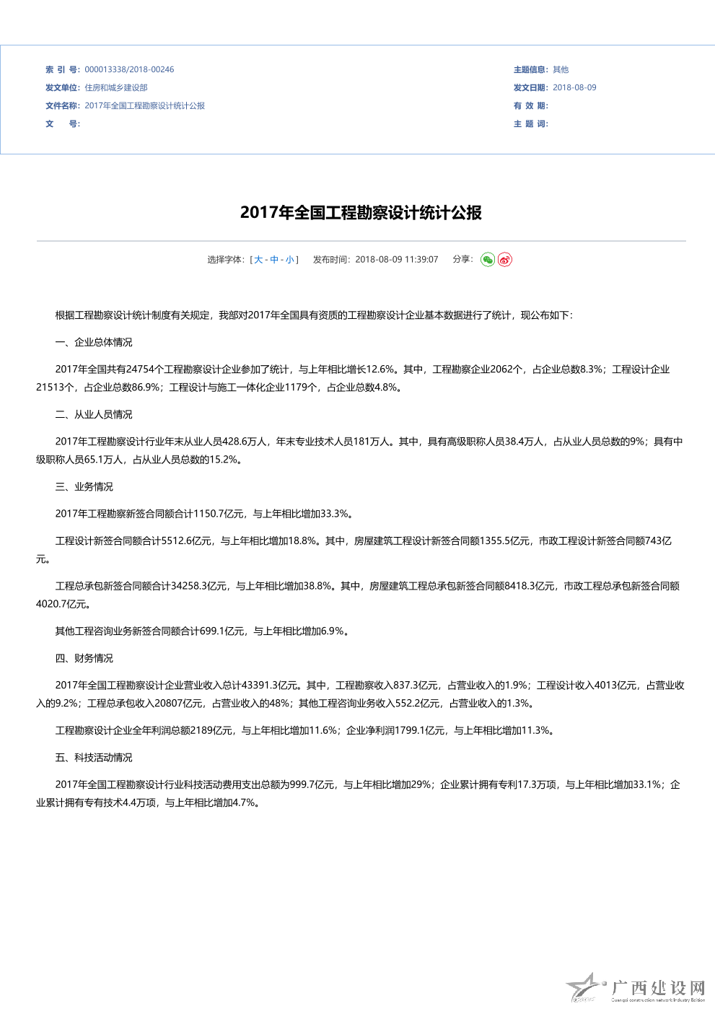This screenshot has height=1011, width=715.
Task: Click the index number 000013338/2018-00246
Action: point(129,70)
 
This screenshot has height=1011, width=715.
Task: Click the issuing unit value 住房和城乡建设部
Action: point(116,88)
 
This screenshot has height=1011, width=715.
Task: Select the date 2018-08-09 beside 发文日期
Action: point(574,88)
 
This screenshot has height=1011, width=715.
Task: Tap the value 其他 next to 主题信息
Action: point(561,70)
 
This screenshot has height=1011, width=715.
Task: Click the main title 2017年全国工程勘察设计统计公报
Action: point(361,213)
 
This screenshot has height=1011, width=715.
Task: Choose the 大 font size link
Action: point(258,260)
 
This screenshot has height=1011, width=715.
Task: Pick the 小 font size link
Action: point(289,260)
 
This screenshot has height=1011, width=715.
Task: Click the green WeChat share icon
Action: point(488,260)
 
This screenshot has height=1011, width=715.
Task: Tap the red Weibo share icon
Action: point(505,260)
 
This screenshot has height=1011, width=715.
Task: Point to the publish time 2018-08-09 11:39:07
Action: point(396,260)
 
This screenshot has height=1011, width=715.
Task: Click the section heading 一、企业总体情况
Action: point(94,343)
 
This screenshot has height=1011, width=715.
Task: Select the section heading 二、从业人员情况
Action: point(94,415)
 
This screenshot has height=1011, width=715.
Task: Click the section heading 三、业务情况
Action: point(84,487)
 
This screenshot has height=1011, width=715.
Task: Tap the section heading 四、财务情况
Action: point(84,659)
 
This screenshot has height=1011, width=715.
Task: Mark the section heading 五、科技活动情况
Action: point(94,758)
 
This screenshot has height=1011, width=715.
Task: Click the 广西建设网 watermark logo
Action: point(636,989)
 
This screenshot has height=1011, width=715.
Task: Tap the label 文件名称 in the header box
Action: point(62,106)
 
